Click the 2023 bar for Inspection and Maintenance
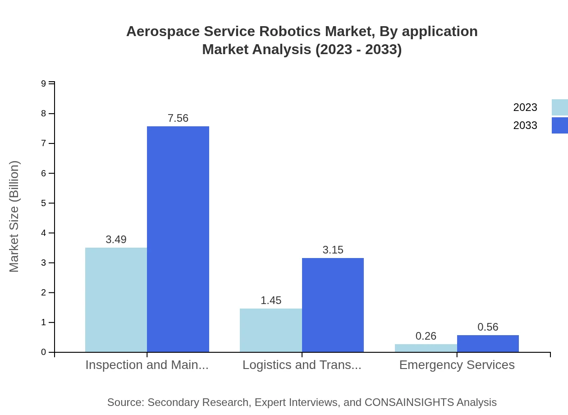[x=116, y=300]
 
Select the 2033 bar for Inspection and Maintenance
[x=178, y=239]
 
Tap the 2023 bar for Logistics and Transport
[x=270, y=330]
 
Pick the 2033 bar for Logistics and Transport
[x=333, y=305]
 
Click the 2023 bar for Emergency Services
[x=426, y=348]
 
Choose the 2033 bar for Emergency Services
[x=488, y=343]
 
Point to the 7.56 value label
[x=178, y=118]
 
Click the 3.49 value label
[x=116, y=240]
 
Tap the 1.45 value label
[x=271, y=300]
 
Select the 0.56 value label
[x=488, y=327]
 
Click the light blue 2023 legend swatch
[x=559, y=107]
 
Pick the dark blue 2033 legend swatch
[x=559, y=125]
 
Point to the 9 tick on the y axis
[x=44, y=83]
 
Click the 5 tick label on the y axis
[x=44, y=203]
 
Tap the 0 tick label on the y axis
[x=44, y=352]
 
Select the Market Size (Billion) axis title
[x=14, y=217]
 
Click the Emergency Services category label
[x=457, y=365]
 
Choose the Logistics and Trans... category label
[x=302, y=365]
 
